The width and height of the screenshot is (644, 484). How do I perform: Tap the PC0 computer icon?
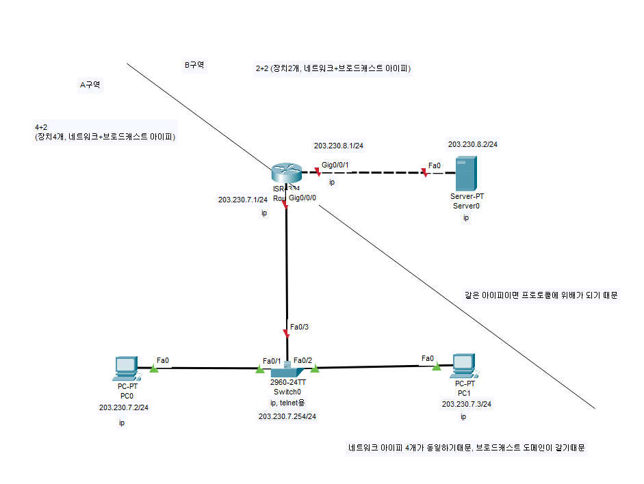pyautogui.click(x=126, y=368)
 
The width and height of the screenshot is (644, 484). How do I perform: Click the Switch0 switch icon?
pyautogui.click(x=287, y=370)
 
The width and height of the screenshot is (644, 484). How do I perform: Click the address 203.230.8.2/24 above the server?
pyautogui.click(x=473, y=144)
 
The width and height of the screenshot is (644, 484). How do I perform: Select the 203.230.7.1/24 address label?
pyautogui.click(x=242, y=200)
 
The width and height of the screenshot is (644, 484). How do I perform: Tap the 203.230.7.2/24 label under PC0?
pyautogui.click(x=124, y=407)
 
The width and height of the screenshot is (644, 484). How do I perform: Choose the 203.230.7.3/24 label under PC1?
pyautogui.click(x=467, y=404)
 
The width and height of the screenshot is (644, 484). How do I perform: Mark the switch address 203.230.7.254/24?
pyautogui.click(x=287, y=416)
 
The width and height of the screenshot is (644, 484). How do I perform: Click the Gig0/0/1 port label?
pyautogui.click(x=335, y=165)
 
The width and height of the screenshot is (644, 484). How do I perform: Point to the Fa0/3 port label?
pyautogui.click(x=300, y=327)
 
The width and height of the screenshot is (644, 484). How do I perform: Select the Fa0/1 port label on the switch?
pyautogui.click(x=272, y=361)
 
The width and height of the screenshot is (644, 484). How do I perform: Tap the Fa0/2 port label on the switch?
pyautogui.click(x=303, y=360)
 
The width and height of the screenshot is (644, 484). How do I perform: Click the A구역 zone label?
pyautogui.click(x=90, y=85)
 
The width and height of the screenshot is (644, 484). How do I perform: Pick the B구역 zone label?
pyautogui.click(x=194, y=66)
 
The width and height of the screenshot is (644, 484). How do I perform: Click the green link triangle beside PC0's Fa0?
pyautogui.click(x=154, y=368)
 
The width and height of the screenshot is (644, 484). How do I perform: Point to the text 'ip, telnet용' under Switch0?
pyautogui.click(x=287, y=403)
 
